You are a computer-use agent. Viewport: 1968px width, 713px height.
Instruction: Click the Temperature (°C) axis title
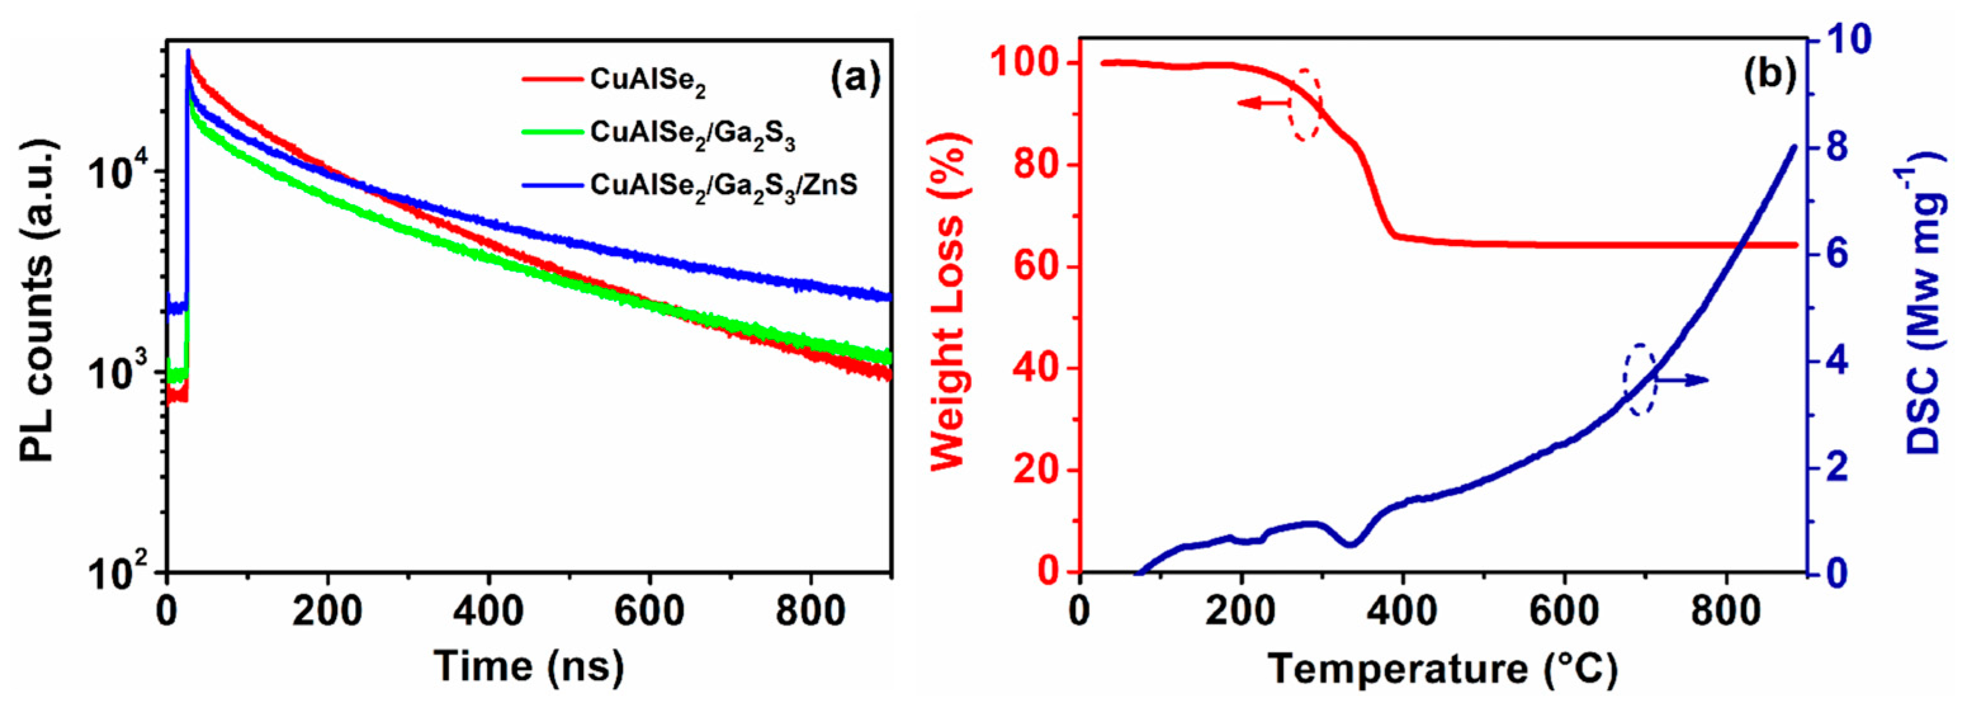coord(1443,669)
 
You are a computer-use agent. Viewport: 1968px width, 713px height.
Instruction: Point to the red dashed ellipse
coord(1305,104)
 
